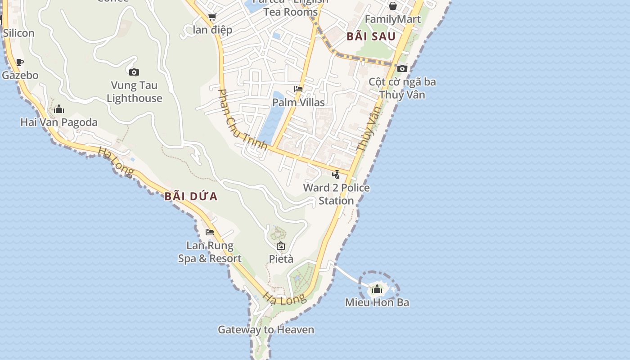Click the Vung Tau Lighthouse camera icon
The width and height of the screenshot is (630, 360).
click(134, 72)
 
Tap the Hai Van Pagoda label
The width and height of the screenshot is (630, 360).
click(59, 122)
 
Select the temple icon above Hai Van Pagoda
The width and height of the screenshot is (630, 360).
click(59, 109)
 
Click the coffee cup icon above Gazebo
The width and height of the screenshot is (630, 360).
click(19, 62)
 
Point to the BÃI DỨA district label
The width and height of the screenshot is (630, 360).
click(191, 196)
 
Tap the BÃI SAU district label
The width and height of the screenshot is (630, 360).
click(371, 36)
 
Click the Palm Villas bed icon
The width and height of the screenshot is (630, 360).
click(298, 89)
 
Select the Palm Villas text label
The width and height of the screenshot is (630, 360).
click(298, 103)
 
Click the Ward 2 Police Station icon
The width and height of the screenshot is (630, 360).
click(336, 175)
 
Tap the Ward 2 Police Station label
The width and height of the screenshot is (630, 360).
click(336, 194)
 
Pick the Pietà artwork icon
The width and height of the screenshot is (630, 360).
click(281, 246)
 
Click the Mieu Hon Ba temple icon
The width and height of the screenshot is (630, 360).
click(377, 289)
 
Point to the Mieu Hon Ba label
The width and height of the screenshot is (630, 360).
click(377, 302)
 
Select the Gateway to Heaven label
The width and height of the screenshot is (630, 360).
click(266, 330)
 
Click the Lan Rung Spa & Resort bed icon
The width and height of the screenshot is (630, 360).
click(210, 232)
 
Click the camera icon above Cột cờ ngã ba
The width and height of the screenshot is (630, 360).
click(402, 69)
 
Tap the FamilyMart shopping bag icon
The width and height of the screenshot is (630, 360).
click(393, 6)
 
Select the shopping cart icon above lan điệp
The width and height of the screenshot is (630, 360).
click(212, 17)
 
